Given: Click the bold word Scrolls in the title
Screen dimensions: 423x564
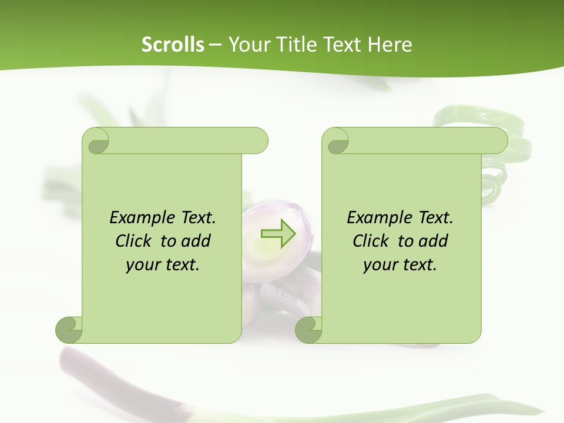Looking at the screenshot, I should pyautogui.click(x=173, y=44).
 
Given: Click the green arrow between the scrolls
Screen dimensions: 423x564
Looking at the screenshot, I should pyautogui.click(x=278, y=234).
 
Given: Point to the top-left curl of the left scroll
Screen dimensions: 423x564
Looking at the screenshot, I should pyautogui.click(x=97, y=142).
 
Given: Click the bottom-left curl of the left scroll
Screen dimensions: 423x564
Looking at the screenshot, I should pyautogui.click(x=69, y=330).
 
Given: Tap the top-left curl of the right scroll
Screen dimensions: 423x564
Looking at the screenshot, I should pyautogui.click(x=337, y=142).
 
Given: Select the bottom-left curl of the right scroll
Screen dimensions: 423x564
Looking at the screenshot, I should pyautogui.click(x=308, y=330).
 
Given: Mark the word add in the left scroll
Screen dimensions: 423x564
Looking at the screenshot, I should pyautogui.click(x=196, y=241).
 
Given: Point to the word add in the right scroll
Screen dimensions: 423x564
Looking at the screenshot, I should pyautogui.click(x=434, y=241).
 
